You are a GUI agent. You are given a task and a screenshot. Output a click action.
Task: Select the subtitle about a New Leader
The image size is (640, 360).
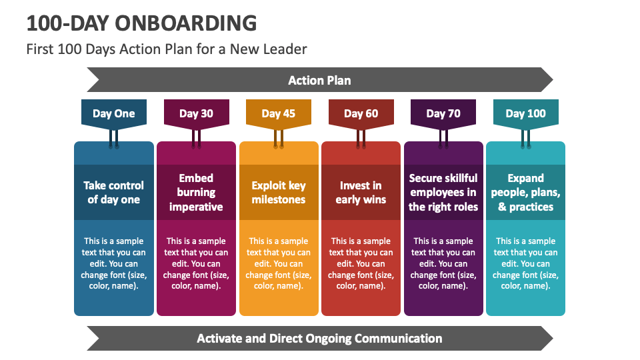(167, 49)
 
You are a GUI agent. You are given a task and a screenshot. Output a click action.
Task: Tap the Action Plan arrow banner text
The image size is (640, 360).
(319, 81)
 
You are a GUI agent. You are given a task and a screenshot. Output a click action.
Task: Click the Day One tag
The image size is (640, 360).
(113, 113)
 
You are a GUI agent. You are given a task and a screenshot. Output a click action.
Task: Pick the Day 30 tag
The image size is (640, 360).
(196, 113)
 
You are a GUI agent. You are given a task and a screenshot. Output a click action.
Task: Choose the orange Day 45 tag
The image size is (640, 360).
(279, 113)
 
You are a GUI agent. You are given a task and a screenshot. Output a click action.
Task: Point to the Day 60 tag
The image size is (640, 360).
(361, 113)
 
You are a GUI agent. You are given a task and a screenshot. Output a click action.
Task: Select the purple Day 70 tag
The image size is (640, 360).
(443, 113)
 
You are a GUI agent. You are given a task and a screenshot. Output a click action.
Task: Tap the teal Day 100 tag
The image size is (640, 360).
(525, 113)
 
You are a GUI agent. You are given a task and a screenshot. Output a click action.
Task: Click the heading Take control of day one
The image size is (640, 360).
(113, 192)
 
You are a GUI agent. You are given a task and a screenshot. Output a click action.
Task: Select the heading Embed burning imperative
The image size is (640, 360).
(196, 192)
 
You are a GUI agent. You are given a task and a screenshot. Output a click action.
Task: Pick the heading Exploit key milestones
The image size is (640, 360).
(279, 192)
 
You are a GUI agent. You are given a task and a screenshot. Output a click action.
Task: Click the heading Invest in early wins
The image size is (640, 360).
(361, 192)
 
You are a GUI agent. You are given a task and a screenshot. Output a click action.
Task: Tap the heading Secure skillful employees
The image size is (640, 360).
(443, 192)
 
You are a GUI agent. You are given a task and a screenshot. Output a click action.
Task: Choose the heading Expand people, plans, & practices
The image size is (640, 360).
(525, 192)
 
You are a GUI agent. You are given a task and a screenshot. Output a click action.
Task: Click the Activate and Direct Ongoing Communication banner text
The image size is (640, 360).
(319, 338)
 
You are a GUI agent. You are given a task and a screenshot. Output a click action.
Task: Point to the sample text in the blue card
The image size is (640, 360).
(113, 263)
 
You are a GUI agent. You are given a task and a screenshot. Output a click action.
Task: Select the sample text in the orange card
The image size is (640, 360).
(279, 263)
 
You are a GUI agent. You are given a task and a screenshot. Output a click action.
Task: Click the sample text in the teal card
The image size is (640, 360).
(525, 263)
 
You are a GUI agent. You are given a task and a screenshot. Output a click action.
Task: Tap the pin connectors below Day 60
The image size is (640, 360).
(361, 139)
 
